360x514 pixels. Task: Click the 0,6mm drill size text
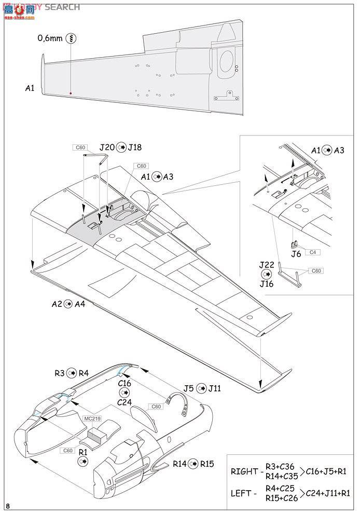point(50,38)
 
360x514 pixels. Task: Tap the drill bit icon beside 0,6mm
point(72,38)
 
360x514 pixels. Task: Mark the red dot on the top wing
point(71,93)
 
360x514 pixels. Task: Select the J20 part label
point(107,147)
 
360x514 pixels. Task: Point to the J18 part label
point(134,147)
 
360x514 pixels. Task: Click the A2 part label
point(57,304)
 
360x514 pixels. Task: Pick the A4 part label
point(80,304)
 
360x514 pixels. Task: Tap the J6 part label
point(296,254)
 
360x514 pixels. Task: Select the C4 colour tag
point(313,252)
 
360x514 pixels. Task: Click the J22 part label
point(266,264)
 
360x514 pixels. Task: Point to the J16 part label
point(266,283)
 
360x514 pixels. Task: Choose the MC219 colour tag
point(91,417)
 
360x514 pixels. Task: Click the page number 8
point(7,506)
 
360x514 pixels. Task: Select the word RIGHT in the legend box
point(244,471)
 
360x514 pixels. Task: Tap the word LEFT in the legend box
point(242,493)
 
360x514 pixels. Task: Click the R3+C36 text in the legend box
point(279,466)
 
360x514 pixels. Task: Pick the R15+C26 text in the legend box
point(279,498)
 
